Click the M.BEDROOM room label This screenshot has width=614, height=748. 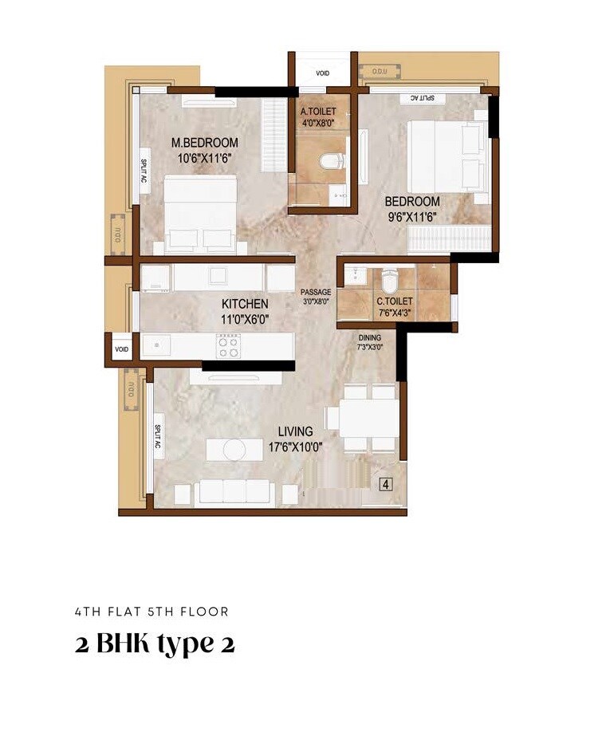(x=205, y=143)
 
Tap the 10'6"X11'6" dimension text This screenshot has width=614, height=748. (x=205, y=158)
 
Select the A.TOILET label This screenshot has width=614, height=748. (x=318, y=112)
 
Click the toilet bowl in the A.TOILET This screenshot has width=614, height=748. (x=331, y=162)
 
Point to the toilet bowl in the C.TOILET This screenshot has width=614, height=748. (x=389, y=281)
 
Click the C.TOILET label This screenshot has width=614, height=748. (x=395, y=301)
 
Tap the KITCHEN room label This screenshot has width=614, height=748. (x=245, y=304)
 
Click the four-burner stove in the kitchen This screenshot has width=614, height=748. (x=228, y=346)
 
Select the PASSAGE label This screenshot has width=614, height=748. (x=316, y=293)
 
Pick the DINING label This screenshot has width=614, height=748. (x=370, y=337)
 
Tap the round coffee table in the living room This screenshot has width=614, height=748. (x=235, y=450)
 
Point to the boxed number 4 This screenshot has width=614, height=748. (x=385, y=483)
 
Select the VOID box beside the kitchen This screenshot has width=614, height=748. (x=121, y=349)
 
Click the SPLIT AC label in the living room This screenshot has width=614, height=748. (x=159, y=435)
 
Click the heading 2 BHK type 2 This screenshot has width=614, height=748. (x=155, y=644)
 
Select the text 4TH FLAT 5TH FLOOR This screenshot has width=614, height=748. (x=152, y=612)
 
